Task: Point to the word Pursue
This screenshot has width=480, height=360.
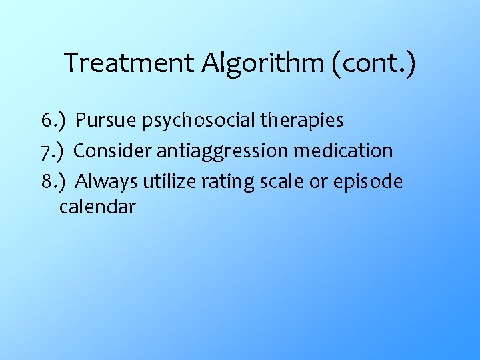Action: tap(105, 121)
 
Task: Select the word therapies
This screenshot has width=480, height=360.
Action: tap(305, 121)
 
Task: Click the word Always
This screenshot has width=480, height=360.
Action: tap(107, 182)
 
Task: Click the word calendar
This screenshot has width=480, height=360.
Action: tap(97, 207)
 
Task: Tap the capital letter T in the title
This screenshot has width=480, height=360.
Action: tap(72, 64)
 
